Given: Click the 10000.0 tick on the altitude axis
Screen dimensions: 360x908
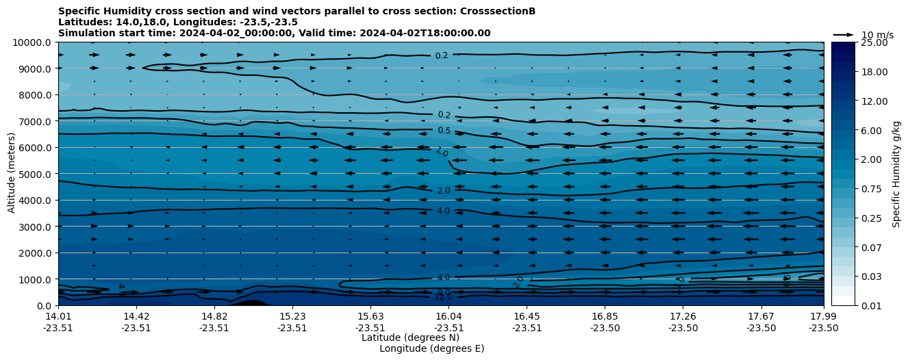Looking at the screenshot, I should [x=34, y=42].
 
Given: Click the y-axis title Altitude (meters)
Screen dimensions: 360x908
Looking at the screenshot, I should [x=12, y=174].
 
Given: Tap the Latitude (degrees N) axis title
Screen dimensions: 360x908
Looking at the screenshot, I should [x=410, y=337].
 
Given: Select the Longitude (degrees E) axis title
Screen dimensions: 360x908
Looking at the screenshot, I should [x=431, y=348].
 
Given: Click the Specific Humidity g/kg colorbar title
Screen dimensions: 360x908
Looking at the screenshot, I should [x=896, y=174].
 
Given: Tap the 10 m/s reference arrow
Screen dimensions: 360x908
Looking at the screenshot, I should [x=843, y=34].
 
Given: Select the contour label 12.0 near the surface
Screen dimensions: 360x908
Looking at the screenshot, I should [x=443, y=297].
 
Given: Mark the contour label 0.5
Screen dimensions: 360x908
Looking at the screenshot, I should [x=444, y=131].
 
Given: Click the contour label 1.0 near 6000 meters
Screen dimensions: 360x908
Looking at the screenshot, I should [x=442, y=152].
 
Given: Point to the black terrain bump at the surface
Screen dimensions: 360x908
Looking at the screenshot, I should [x=251, y=303].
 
